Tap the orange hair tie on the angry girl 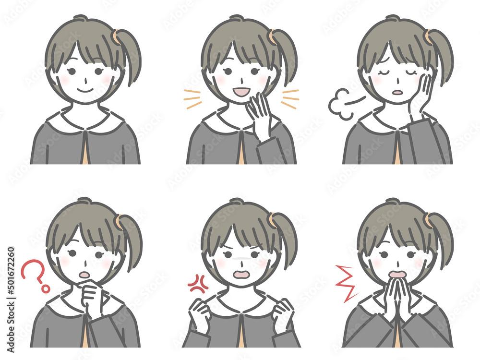pyautogui.click(x=272, y=220)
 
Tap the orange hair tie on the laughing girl pyautogui.click(x=272, y=36)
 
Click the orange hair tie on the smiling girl pyautogui.click(x=116, y=36)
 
